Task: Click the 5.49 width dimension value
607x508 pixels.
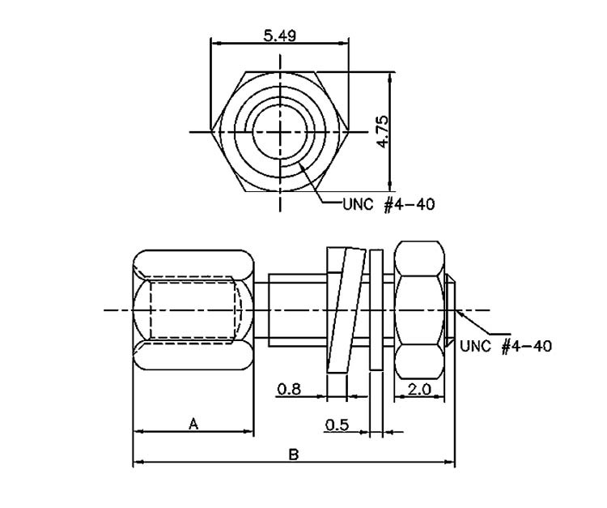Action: pyautogui.click(x=279, y=35)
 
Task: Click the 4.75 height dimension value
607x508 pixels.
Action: pyautogui.click(x=383, y=130)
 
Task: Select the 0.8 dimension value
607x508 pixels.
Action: pyautogui.click(x=287, y=389)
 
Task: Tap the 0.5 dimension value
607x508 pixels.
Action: pyautogui.click(x=337, y=425)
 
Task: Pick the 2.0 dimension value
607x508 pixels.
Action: pyautogui.click(x=419, y=389)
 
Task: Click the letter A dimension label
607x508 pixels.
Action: pyautogui.click(x=193, y=423)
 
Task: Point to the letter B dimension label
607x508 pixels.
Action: pyautogui.click(x=294, y=455)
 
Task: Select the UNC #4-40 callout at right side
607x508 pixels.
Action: pyautogui.click(x=506, y=346)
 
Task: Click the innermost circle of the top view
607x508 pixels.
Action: pyautogui.click(x=279, y=131)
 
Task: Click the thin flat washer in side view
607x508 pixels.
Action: pyautogui.click(x=376, y=310)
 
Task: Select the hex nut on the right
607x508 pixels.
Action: pyautogui.click(x=420, y=308)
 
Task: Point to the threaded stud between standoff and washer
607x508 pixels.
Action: pyautogui.click(x=295, y=310)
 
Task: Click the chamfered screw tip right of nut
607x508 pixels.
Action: pyautogui.click(x=452, y=309)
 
